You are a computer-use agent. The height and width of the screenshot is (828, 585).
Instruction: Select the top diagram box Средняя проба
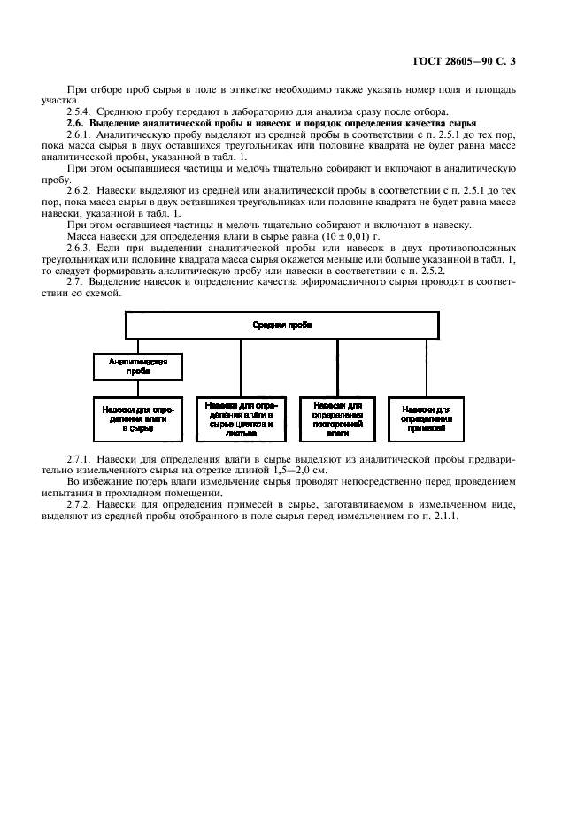pos(281,326)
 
